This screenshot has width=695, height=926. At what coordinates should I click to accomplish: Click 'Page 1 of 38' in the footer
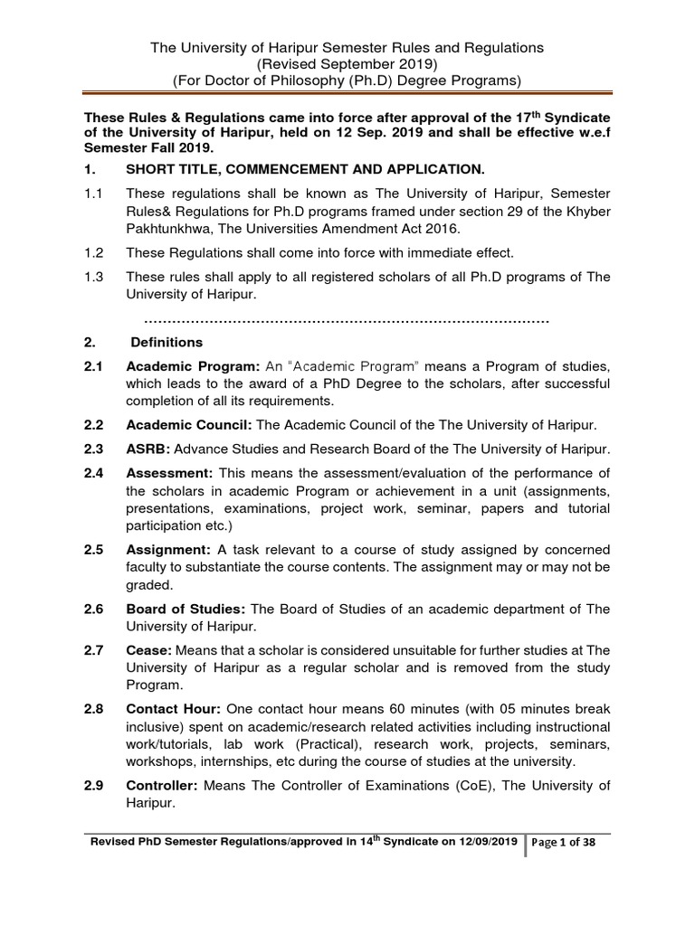pyautogui.click(x=570, y=843)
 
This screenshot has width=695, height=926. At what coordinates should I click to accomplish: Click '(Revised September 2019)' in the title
pyautogui.click(x=347, y=64)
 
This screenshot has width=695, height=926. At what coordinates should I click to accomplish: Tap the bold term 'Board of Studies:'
pyautogui.click(x=186, y=609)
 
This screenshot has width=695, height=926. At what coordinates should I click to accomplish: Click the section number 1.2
pyautogui.click(x=94, y=251)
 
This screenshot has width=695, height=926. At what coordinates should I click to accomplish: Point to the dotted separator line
pyautogui.click(x=347, y=321)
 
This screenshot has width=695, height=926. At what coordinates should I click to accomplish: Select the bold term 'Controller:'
pyautogui.click(x=163, y=785)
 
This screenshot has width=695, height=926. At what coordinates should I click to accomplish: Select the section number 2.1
pyautogui.click(x=95, y=365)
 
